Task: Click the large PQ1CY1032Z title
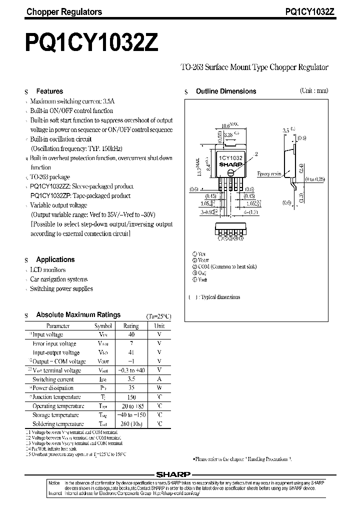[91, 42]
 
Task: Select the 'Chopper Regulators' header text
[63, 12]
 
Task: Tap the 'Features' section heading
[49, 91]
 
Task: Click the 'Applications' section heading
[55, 259]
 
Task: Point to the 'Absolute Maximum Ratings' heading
[78, 315]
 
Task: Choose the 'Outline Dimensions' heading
[225, 91]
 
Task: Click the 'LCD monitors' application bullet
[47, 270]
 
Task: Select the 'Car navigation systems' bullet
[58, 279]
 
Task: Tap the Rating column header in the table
[131, 326]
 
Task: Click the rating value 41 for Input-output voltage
[131, 352]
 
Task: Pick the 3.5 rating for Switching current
[131, 379]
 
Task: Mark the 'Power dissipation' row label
[53, 388]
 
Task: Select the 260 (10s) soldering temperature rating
[131, 424]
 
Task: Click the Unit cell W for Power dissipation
[159, 388]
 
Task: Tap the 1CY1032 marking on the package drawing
[230, 157]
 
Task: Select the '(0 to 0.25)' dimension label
[314, 179]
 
